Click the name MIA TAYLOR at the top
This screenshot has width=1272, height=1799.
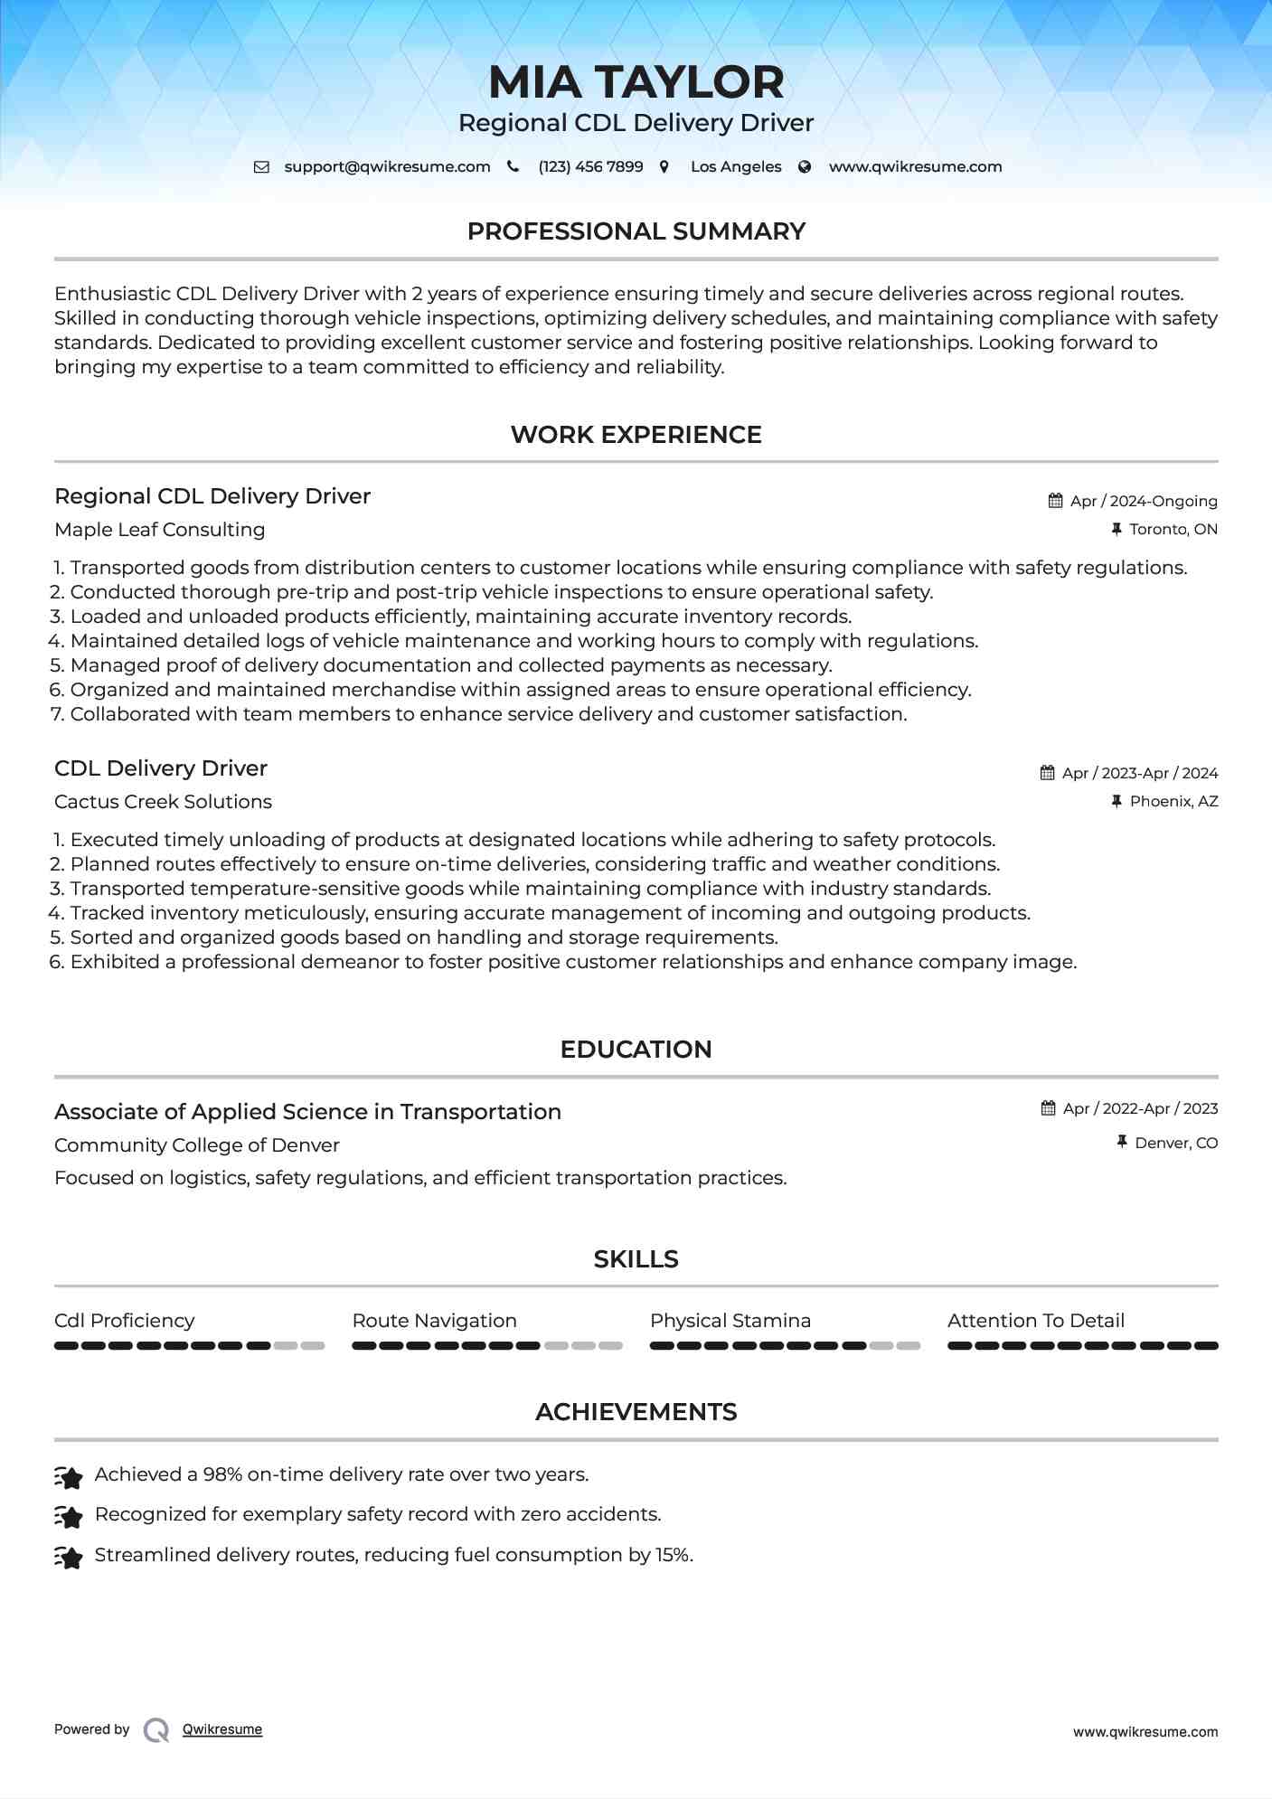pyautogui.click(x=636, y=82)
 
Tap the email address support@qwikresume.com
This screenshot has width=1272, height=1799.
pyautogui.click(x=387, y=166)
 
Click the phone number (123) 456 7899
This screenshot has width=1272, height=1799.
pyautogui.click(x=590, y=166)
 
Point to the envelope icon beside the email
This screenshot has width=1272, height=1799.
pyautogui.click(x=261, y=166)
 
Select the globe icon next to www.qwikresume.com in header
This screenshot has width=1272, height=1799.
pyautogui.click(x=805, y=166)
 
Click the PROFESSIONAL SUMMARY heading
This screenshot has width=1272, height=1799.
pyautogui.click(x=636, y=231)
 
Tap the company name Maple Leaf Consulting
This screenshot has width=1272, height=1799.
pyautogui.click(x=160, y=530)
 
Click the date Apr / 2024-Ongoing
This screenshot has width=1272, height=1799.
pyautogui.click(x=1143, y=501)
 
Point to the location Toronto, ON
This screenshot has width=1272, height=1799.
pyautogui.click(x=1173, y=529)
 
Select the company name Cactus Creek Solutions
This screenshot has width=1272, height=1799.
pyautogui.click(x=163, y=802)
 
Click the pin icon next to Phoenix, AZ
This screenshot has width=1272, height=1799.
pyautogui.click(x=1117, y=801)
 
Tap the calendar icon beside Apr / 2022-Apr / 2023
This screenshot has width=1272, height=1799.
pyautogui.click(x=1048, y=1108)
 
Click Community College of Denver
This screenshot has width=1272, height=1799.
pyautogui.click(x=197, y=1145)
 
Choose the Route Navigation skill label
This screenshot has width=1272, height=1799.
pyautogui.click(x=434, y=1321)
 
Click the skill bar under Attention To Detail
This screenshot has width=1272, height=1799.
pyautogui.click(x=1082, y=1346)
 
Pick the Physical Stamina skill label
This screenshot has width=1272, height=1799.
pyautogui.click(x=730, y=1321)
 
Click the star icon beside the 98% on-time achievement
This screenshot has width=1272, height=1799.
pyautogui.click(x=69, y=1477)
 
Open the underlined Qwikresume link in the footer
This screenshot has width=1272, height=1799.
pyautogui.click(x=222, y=1729)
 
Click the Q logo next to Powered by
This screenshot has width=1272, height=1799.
pyautogui.click(x=156, y=1730)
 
